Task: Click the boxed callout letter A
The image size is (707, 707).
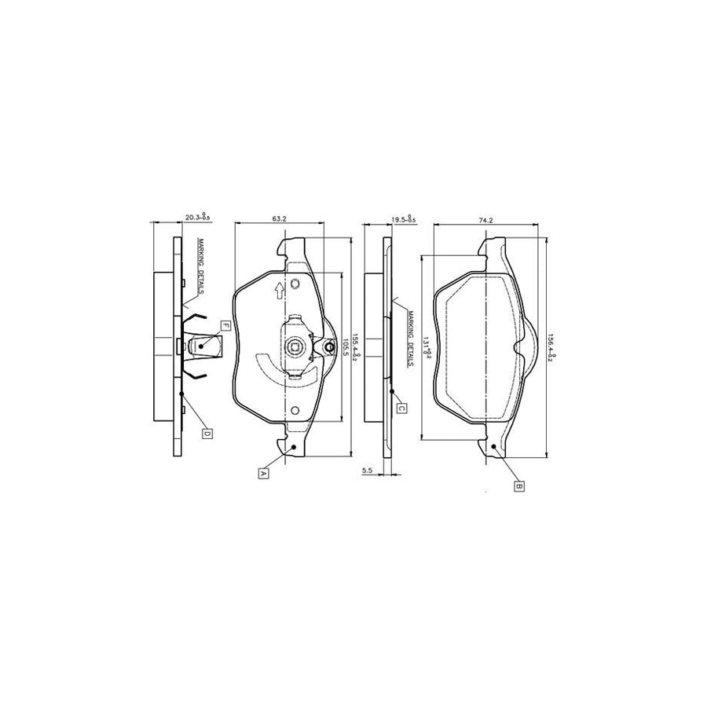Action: click(x=263, y=472)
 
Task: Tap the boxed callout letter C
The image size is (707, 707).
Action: click(x=400, y=408)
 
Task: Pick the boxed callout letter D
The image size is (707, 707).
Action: click(x=207, y=432)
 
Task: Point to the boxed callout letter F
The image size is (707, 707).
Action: click(x=225, y=325)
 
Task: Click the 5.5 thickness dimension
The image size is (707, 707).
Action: click(x=367, y=470)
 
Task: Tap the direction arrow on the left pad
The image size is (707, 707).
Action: click(x=278, y=293)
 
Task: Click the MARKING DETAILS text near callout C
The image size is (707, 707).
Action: click(x=410, y=339)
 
